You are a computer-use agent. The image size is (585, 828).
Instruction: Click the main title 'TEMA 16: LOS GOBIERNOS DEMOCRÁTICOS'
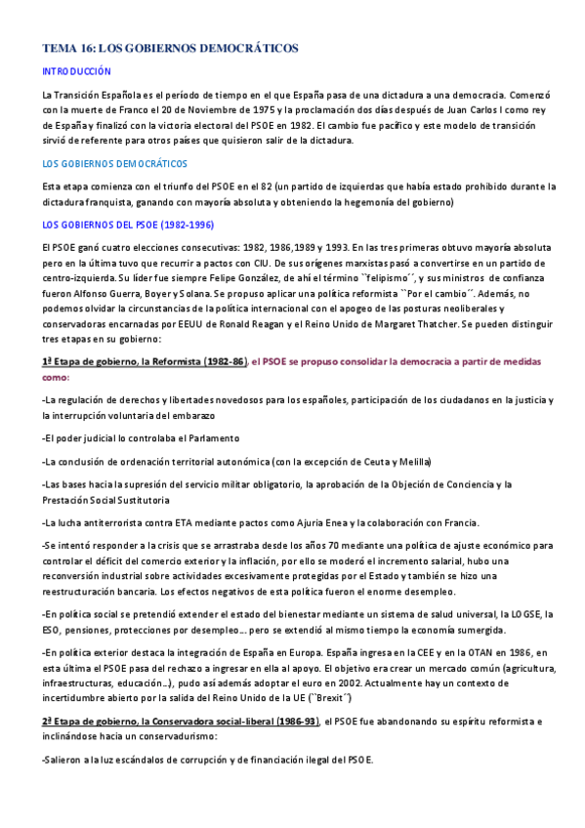click(170, 48)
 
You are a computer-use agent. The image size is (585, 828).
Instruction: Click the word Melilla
click(412, 461)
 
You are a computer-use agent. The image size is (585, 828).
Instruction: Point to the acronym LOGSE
click(519, 613)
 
